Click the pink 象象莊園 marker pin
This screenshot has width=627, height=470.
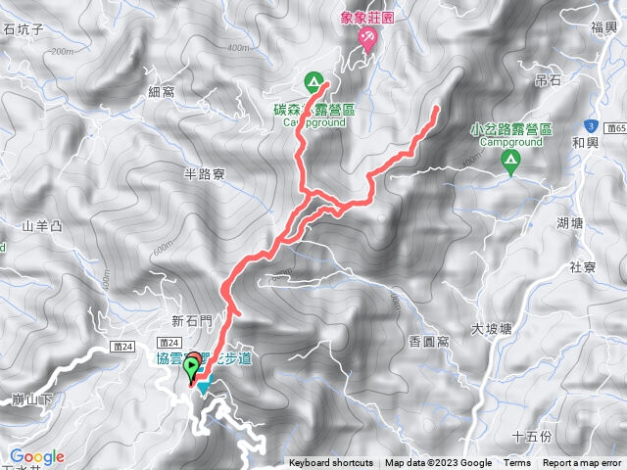coord(368,39)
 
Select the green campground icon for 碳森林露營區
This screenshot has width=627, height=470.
coord(313,81)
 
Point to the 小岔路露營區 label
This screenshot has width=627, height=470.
coord(512,129)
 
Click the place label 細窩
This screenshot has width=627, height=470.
coord(162,92)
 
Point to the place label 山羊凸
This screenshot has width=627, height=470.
coord(42,226)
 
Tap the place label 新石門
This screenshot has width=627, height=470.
coord(191,320)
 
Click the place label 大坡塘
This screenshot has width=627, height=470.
coord(491,329)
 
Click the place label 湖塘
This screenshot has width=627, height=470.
coord(569,222)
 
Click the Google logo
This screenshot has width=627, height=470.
coord(37,456)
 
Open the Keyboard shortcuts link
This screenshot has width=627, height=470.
coord(330,463)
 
